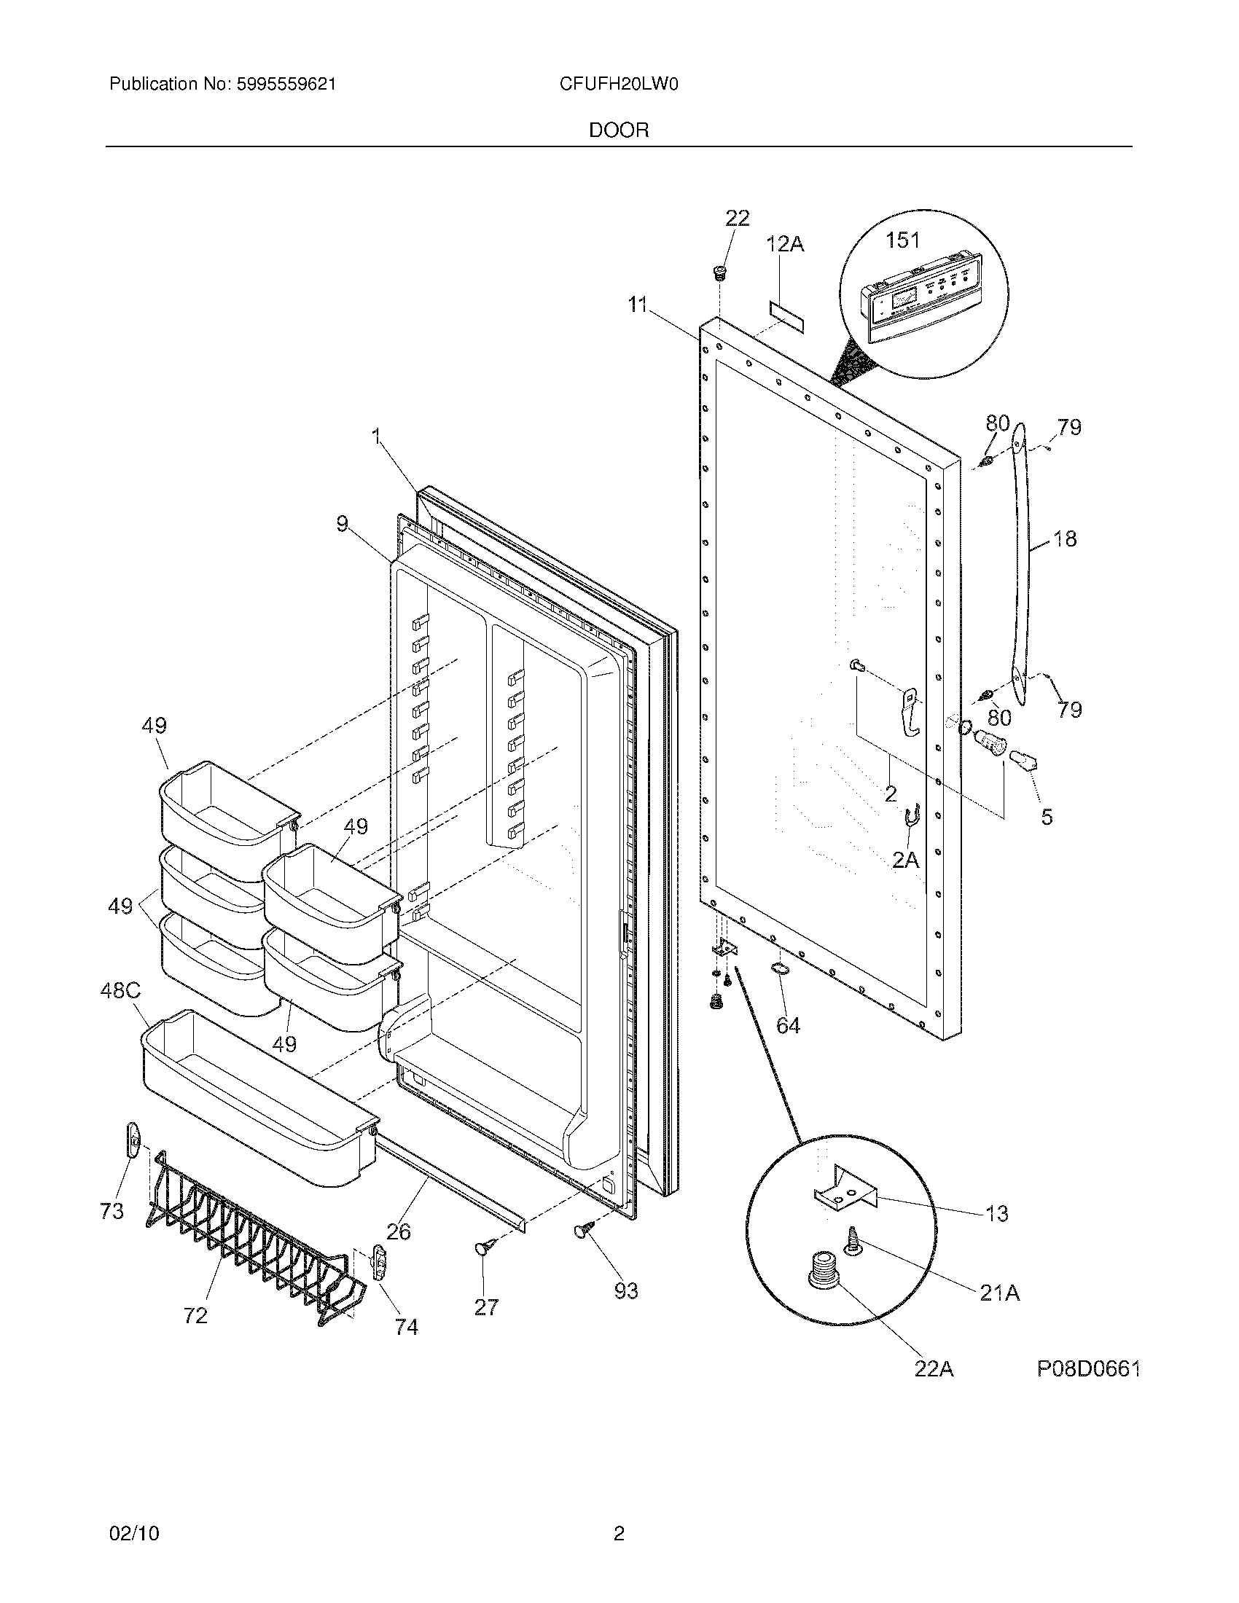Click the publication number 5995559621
point(286,85)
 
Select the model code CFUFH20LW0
point(618,85)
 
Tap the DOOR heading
point(619,130)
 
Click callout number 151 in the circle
point(902,240)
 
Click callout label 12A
point(785,243)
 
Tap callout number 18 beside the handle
point(1064,538)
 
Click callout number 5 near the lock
point(1047,816)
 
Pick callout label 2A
point(905,859)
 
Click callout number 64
point(788,1025)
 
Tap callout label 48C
point(120,992)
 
